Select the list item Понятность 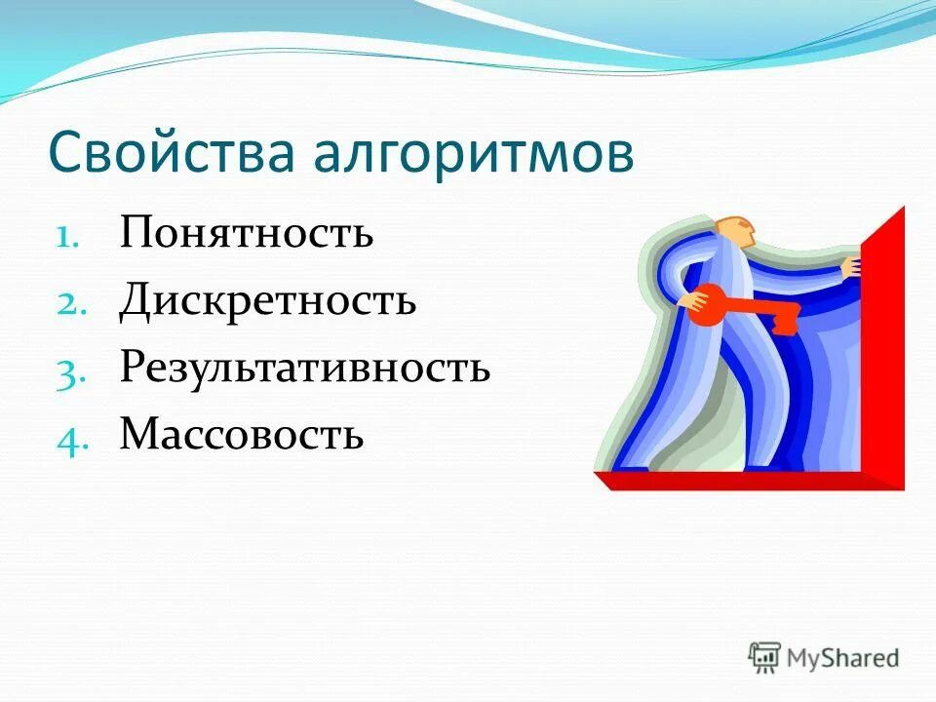pyautogui.click(x=247, y=234)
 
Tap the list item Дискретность pyautogui.click(x=268, y=301)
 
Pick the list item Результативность pyautogui.click(x=304, y=368)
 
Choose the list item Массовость pyautogui.click(x=242, y=434)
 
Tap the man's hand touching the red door pyautogui.click(x=852, y=265)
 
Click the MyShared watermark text pyautogui.click(x=842, y=658)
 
